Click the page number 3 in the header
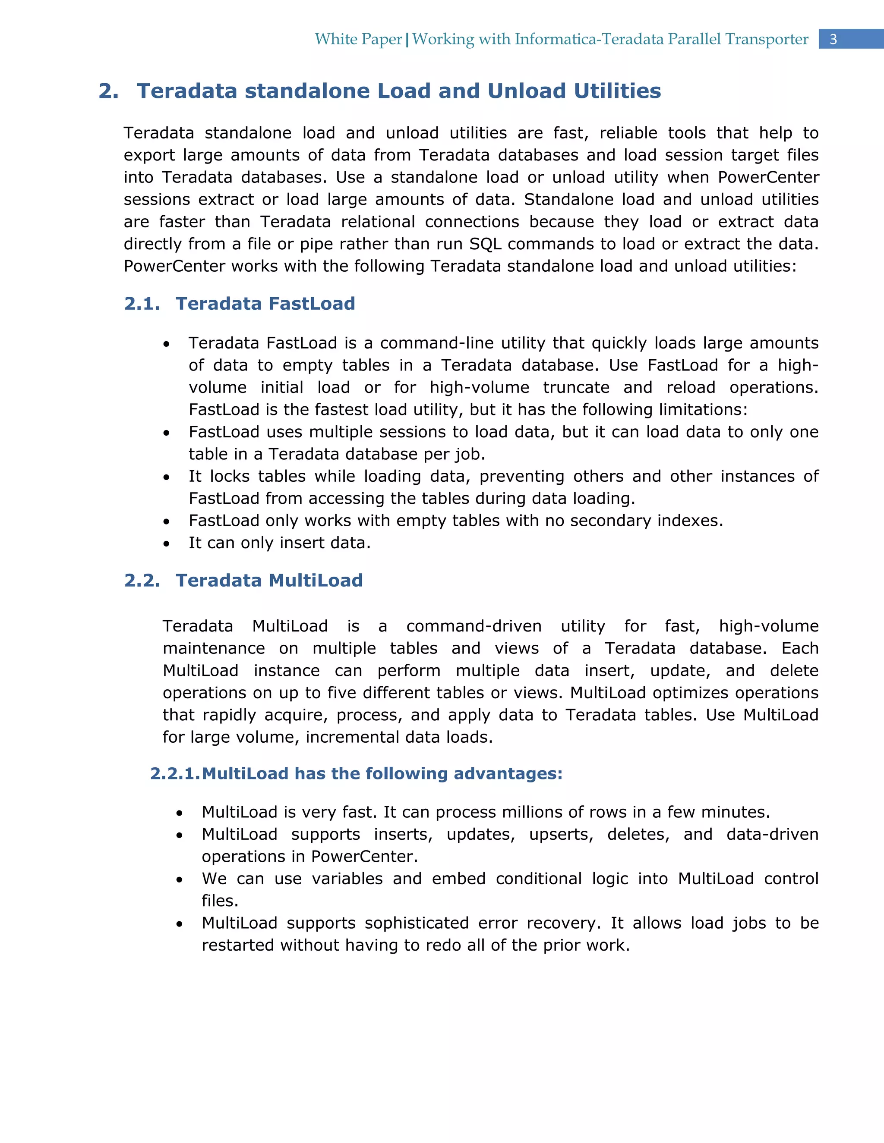pos(833,39)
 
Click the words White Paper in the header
pos(358,39)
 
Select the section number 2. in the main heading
pos(108,91)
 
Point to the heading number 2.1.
pos(142,304)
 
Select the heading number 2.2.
pos(142,581)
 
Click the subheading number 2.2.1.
pos(175,773)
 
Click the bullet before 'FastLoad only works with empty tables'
pos(167,522)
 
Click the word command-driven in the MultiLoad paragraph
pos(474,626)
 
